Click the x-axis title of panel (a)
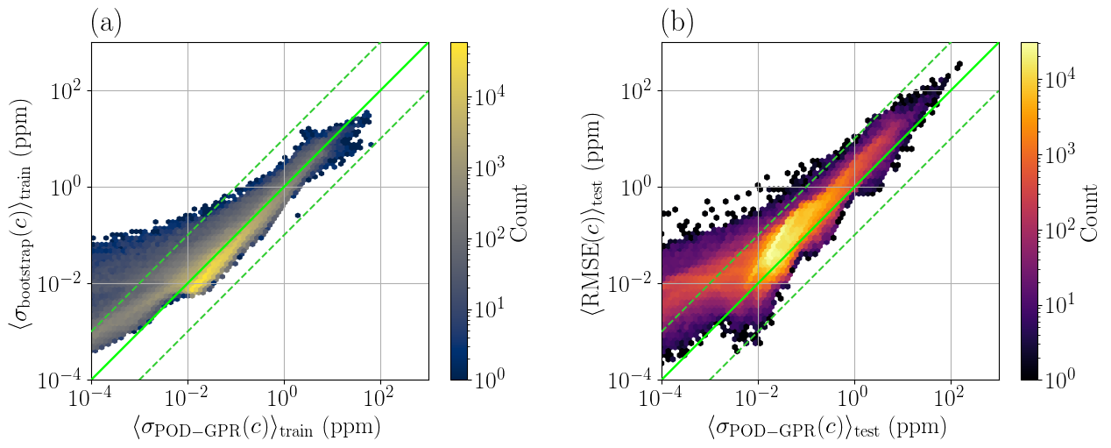[x=259, y=429]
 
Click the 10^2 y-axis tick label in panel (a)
[x=67, y=90]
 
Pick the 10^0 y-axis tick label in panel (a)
[x=67, y=187]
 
